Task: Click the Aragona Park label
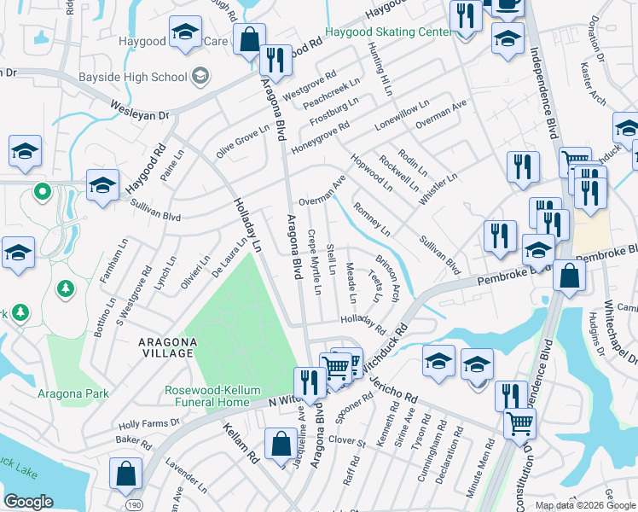coord(73,393)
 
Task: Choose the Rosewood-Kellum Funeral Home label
coord(212,396)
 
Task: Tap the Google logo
coord(28,501)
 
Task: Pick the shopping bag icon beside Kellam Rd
coord(281,443)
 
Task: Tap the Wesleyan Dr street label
coord(139,109)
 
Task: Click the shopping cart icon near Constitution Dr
coord(519,422)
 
